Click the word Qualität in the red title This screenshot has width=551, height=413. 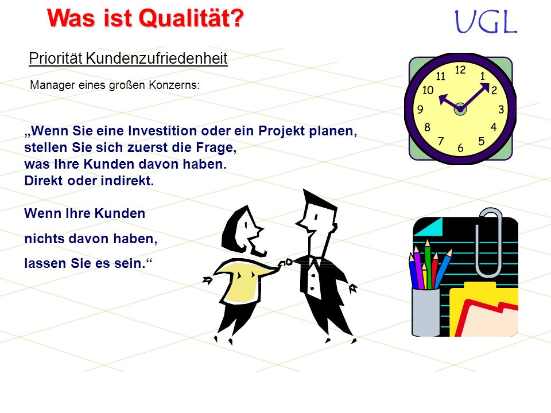pyautogui.click(x=192, y=18)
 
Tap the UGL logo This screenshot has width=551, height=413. pyautogui.click(x=486, y=22)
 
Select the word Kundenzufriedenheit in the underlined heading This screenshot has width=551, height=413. pyautogui.click(x=157, y=59)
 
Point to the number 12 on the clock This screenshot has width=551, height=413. pyautogui.click(x=460, y=70)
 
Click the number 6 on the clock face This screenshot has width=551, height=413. pyautogui.click(x=460, y=148)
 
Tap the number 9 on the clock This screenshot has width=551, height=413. pyautogui.click(x=420, y=110)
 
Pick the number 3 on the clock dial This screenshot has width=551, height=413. pyautogui.click(x=501, y=110)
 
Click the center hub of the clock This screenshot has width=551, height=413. pyautogui.click(x=460, y=110)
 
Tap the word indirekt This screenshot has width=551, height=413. pyautogui.click(x=127, y=181)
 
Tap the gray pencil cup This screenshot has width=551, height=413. pyautogui.click(x=425, y=311)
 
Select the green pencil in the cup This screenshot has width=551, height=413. pyautogui.click(x=428, y=263)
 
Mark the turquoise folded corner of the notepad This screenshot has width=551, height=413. pyautogui.click(x=430, y=227)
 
